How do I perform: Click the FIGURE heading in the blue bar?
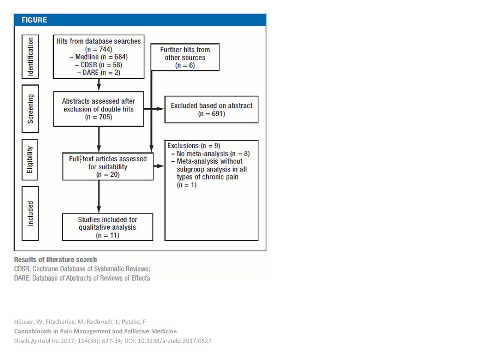click(34, 20)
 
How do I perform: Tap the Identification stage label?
click(30, 57)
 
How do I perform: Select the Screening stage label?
click(30, 109)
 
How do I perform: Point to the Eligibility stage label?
click(30, 159)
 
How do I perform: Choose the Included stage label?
click(30, 213)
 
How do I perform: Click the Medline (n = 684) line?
click(98, 57)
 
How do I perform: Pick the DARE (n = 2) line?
click(98, 73)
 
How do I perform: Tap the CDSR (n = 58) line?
click(98, 65)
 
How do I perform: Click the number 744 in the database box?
click(105, 49)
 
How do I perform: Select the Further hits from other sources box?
click(185, 57)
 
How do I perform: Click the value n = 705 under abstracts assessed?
click(98, 117)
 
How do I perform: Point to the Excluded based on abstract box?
click(211, 110)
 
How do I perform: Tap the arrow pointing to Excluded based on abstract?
click(154, 109)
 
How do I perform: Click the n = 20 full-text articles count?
click(108, 174)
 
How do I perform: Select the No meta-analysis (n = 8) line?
click(210, 154)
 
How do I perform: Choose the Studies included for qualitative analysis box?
click(108, 227)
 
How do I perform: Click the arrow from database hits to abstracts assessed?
click(98, 85)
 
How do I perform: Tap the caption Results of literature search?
click(55, 260)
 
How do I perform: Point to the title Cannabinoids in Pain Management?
click(96, 331)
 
